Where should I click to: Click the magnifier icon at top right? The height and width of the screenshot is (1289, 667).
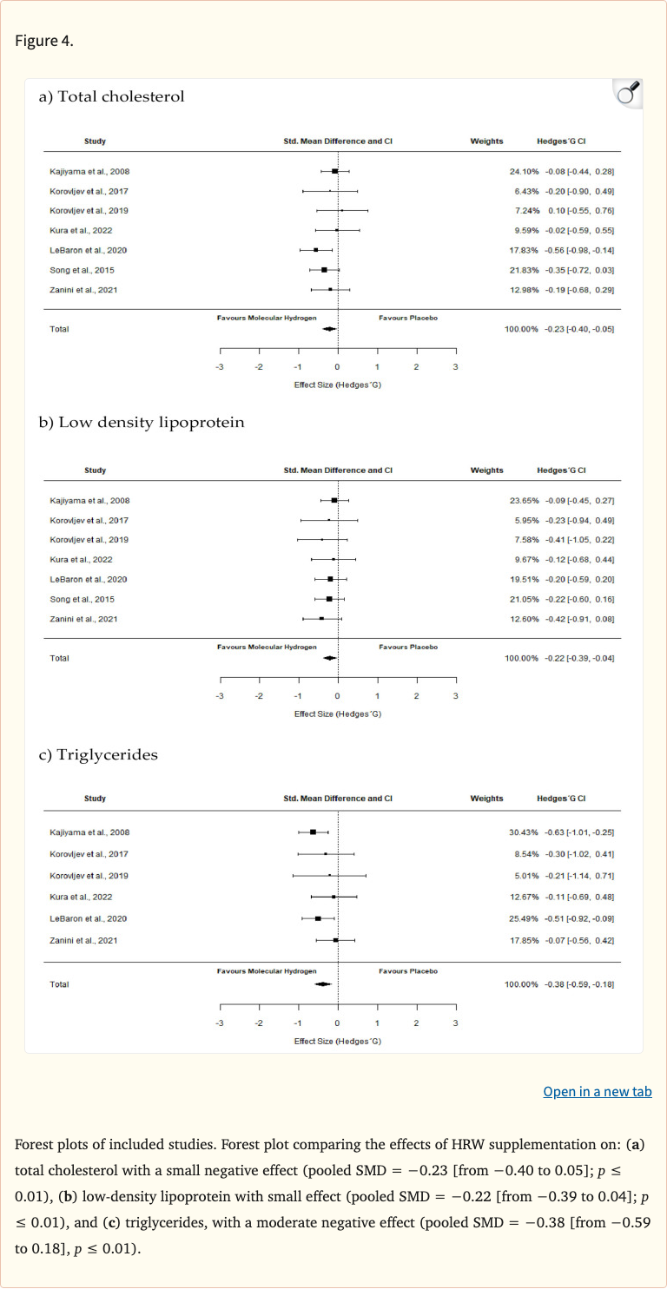click(x=627, y=93)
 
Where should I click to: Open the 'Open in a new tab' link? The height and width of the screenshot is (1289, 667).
click(x=597, y=1091)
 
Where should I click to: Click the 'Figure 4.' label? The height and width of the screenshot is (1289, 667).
click(x=43, y=42)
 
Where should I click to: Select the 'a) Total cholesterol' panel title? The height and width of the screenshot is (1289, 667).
click(x=111, y=96)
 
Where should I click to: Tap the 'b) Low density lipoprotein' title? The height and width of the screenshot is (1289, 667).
click(x=141, y=423)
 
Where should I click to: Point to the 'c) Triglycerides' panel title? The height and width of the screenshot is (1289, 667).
click(x=98, y=754)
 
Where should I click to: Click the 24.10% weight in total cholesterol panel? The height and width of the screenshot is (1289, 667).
click(x=524, y=172)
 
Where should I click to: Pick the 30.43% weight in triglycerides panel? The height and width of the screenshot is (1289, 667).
click(x=524, y=832)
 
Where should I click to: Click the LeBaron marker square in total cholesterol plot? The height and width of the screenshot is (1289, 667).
click(x=316, y=250)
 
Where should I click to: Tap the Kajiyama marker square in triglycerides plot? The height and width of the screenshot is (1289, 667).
click(x=313, y=832)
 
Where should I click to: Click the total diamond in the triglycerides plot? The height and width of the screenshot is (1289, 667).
click(x=323, y=983)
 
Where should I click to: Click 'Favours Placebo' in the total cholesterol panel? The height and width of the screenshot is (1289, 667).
click(x=408, y=319)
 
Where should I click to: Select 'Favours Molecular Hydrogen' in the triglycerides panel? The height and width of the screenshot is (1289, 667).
click(x=267, y=971)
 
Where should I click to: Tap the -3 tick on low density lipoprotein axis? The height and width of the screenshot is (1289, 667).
click(x=220, y=695)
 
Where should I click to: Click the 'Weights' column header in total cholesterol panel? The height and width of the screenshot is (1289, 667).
click(x=486, y=141)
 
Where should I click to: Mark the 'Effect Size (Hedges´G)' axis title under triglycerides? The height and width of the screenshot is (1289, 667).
click(x=338, y=1041)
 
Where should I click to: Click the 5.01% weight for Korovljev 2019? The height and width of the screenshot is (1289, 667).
click(x=525, y=875)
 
